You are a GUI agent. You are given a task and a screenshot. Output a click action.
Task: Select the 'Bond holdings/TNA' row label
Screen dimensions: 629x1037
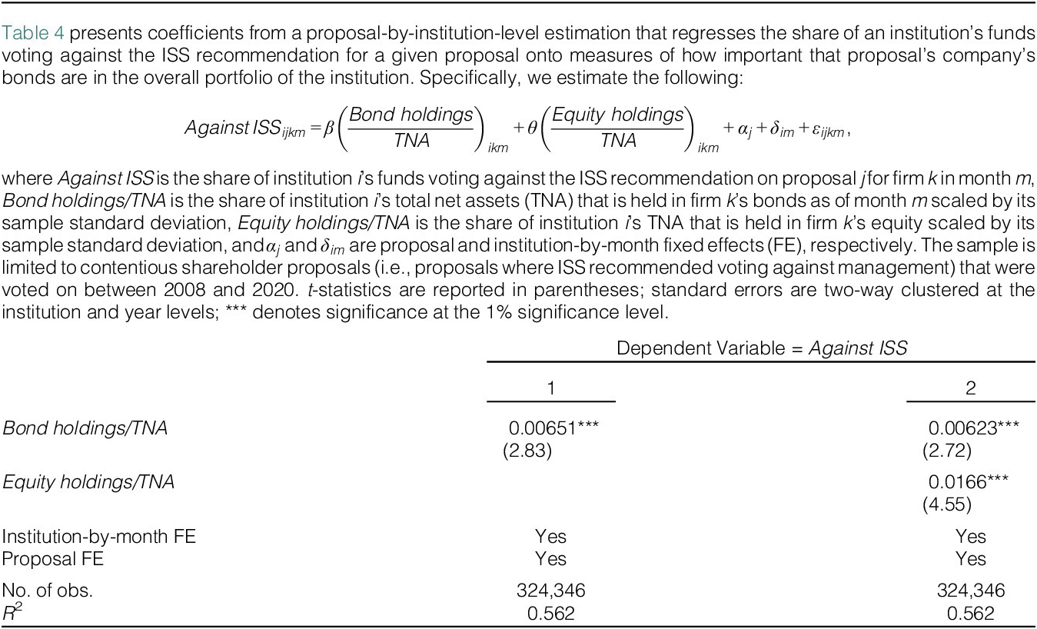click(85, 429)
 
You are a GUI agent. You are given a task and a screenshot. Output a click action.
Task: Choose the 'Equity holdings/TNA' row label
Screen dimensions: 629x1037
click(88, 483)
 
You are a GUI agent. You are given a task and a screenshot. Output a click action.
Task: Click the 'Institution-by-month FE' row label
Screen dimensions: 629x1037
click(99, 537)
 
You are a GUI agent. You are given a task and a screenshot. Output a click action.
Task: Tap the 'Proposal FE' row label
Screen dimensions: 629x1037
click(53, 559)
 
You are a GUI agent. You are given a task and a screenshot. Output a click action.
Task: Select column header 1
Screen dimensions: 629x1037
click(551, 388)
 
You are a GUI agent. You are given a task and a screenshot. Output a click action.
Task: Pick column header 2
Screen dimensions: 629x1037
click(971, 388)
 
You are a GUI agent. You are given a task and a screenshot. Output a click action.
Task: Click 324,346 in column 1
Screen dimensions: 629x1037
click(551, 591)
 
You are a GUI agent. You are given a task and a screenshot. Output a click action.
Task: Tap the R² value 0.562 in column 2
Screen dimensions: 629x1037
click(971, 614)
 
